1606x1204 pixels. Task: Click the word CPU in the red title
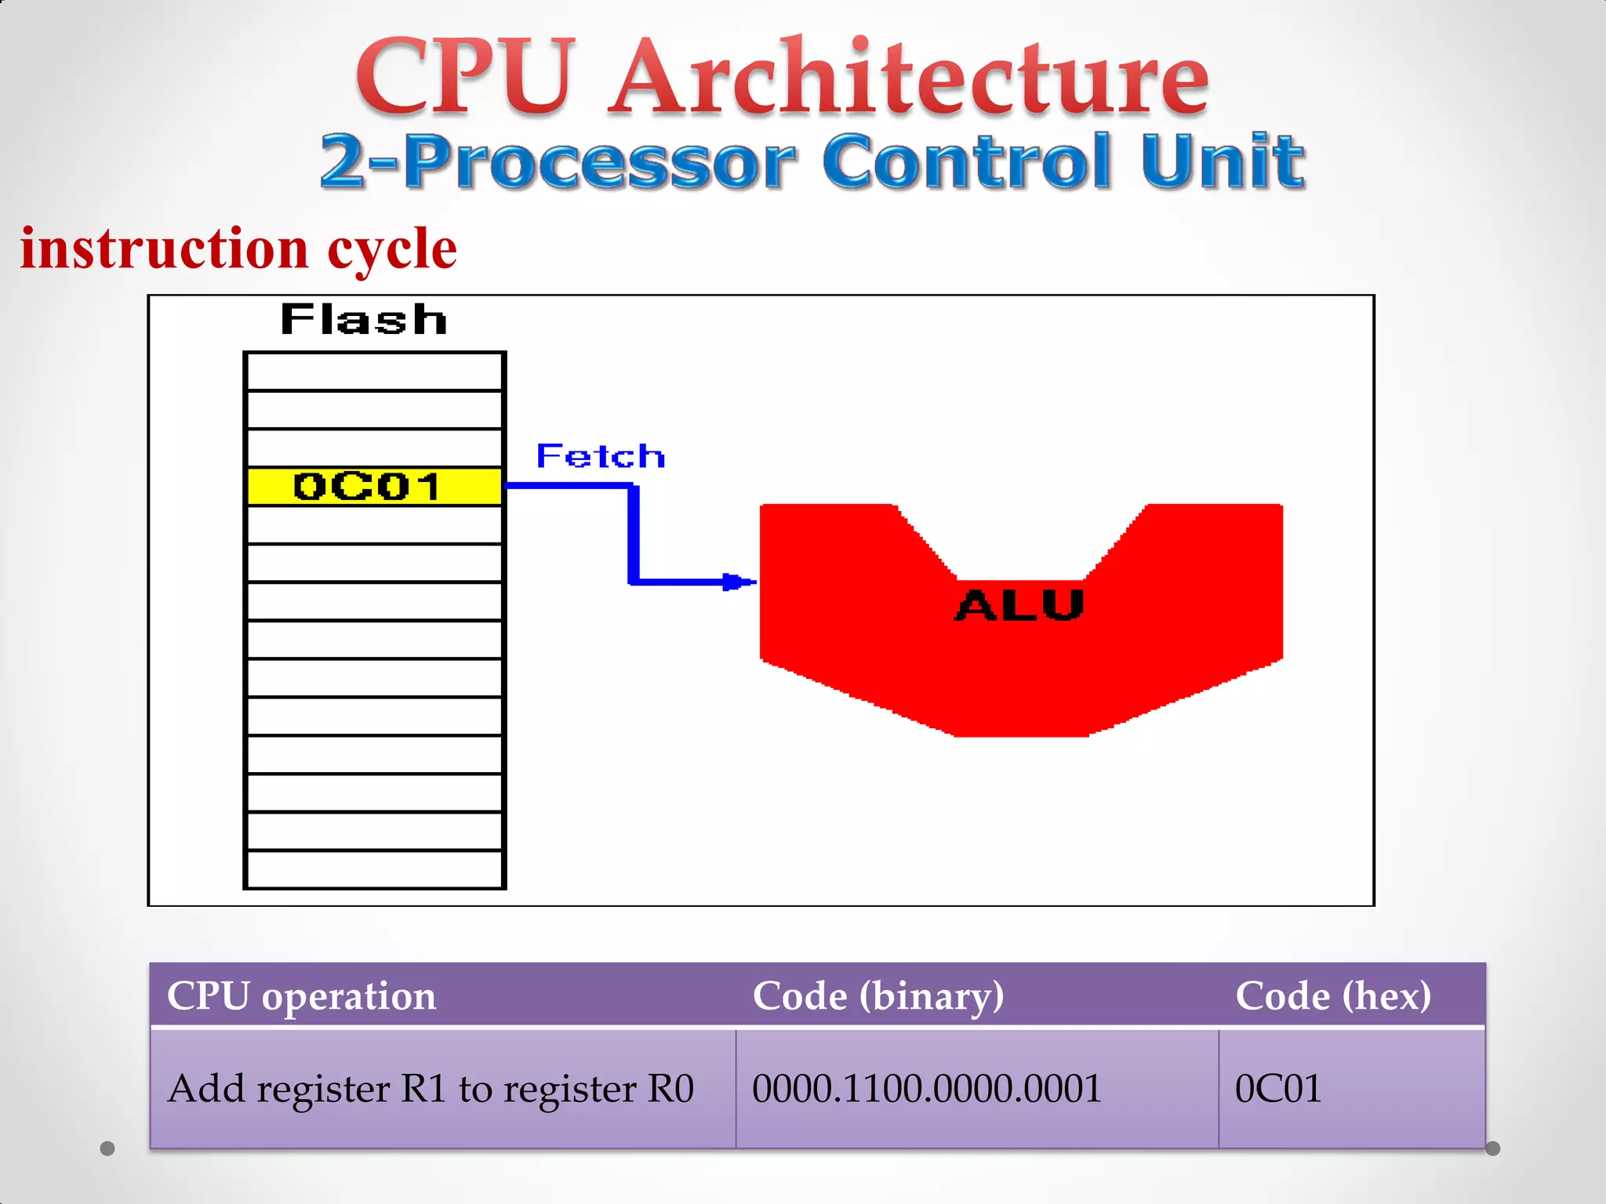(x=466, y=76)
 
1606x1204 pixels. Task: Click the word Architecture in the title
(x=910, y=76)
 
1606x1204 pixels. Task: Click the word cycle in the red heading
(x=392, y=249)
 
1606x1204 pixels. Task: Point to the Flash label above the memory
(x=364, y=320)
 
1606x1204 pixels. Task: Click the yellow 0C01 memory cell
(x=374, y=487)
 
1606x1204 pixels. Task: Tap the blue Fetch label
(x=601, y=456)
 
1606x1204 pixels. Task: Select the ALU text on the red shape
(x=1019, y=605)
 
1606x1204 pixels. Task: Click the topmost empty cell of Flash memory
(x=374, y=372)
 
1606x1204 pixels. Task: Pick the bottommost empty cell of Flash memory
(x=374, y=869)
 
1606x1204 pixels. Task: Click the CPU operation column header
(x=301, y=995)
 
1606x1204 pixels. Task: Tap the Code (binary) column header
(x=878, y=995)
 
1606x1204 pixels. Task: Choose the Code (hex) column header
(x=1333, y=995)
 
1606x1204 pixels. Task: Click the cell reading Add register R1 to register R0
(x=431, y=1088)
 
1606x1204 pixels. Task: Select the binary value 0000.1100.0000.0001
(x=927, y=1088)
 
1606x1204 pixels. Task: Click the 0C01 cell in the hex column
(x=1278, y=1088)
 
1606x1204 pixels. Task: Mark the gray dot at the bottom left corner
(x=107, y=1148)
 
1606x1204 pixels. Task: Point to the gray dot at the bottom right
(x=1493, y=1148)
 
